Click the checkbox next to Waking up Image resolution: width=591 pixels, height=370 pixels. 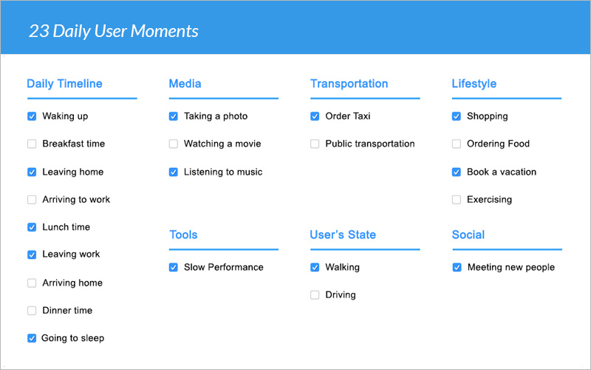point(32,116)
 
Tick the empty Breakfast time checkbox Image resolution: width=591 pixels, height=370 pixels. point(32,144)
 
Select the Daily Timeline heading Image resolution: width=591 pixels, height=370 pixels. point(64,84)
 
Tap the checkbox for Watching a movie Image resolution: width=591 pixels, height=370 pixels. point(174,144)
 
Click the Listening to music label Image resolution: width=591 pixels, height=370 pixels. point(223,172)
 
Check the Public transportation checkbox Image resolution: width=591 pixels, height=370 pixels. point(315,144)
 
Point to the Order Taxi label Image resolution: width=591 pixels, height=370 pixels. point(348,116)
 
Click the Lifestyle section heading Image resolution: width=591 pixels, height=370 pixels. point(474,84)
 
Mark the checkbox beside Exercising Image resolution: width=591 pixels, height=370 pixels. point(457,200)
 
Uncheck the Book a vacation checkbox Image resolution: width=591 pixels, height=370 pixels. point(457,172)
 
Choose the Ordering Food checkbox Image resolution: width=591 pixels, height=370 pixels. point(457,144)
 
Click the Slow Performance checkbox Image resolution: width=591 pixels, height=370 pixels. point(174,267)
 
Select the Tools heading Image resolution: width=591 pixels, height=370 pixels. point(183,235)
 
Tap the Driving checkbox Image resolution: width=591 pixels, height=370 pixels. point(315,295)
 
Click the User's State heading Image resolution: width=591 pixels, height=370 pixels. point(343,235)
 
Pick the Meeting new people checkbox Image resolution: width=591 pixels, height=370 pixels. point(457,267)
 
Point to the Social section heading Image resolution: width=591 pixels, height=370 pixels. point(468,235)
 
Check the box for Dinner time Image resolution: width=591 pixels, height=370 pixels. point(32,311)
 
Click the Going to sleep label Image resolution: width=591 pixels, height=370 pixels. point(72,338)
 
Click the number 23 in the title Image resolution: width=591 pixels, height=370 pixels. point(39,31)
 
